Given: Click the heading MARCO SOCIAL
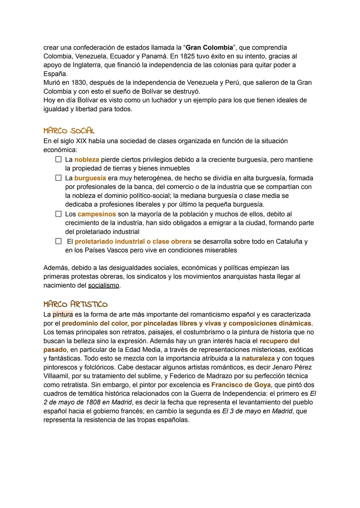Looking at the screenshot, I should [x=69, y=131].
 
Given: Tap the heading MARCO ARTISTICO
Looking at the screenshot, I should [x=75, y=304].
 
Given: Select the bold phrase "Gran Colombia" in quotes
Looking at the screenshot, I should [x=209, y=48].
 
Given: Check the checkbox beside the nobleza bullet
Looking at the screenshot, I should [x=58, y=160].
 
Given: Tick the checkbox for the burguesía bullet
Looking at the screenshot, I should [x=58, y=178].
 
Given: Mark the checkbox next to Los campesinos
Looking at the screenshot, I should [x=58, y=214].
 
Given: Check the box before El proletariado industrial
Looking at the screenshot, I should [x=58, y=241].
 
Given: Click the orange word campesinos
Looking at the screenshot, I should [x=97, y=214].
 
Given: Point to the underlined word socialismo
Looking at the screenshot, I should [x=103, y=285].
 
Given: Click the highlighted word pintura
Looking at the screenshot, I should [x=63, y=314].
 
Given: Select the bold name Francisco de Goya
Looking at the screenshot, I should [x=241, y=385].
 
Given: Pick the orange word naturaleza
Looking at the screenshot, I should [x=258, y=358].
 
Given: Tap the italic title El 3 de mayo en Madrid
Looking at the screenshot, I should [x=257, y=411].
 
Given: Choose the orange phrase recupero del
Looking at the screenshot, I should [x=279, y=341].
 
